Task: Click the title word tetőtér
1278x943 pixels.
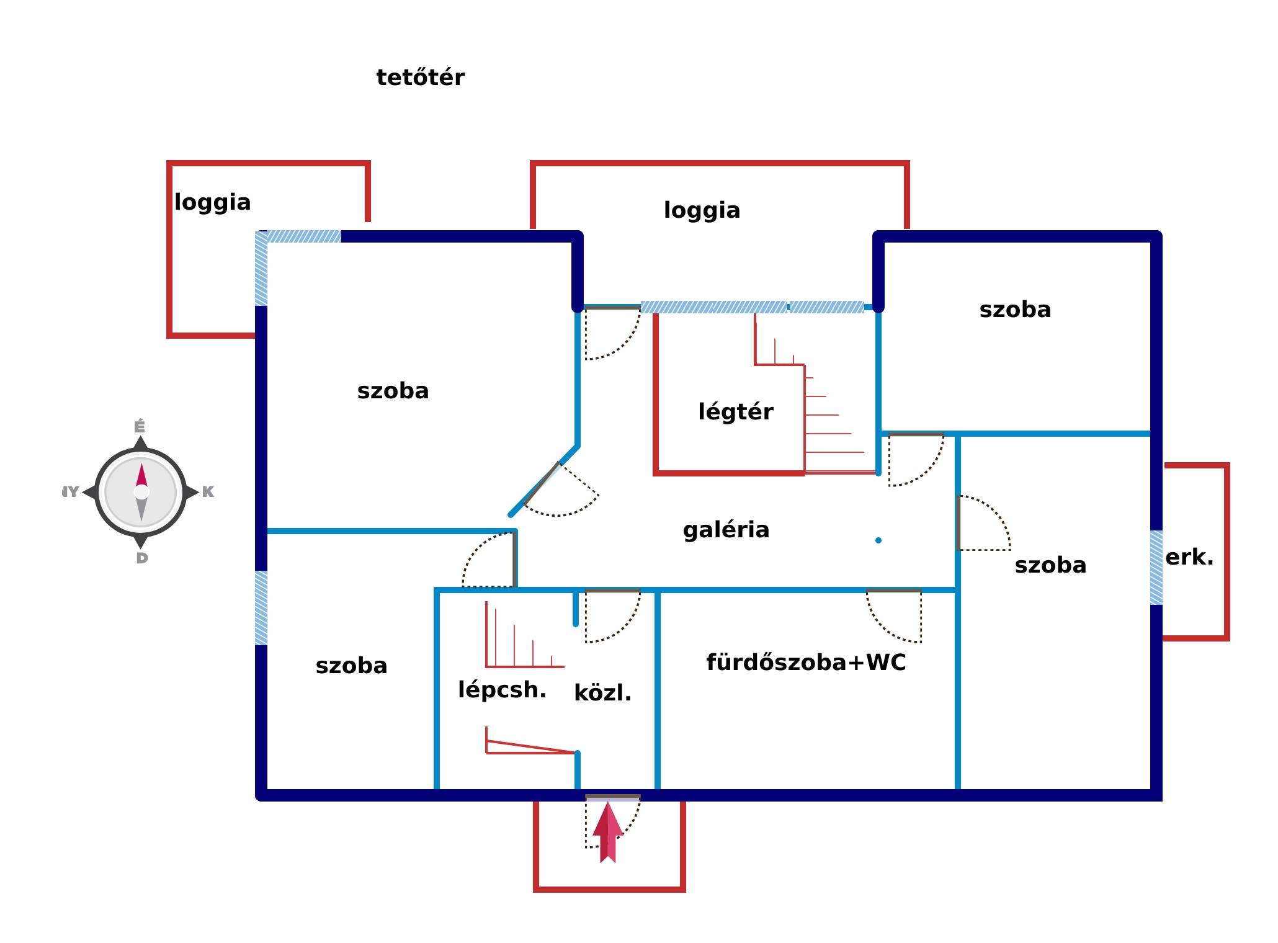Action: tap(420, 78)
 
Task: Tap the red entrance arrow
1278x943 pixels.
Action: tap(607, 832)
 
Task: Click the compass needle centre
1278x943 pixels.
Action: tap(141, 492)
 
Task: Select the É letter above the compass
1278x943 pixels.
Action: tap(140, 427)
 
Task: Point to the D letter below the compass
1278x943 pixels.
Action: tap(142, 558)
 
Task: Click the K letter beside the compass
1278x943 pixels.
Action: tap(208, 492)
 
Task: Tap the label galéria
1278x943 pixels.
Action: tap(726, 530)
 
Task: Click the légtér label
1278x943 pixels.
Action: tap(736, 413)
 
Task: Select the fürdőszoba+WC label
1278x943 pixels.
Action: tap(806, 663)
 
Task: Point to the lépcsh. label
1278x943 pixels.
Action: tap(502, 690)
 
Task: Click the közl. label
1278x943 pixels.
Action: tap(602, 692)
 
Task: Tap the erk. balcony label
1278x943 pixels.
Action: tap(1189, 557)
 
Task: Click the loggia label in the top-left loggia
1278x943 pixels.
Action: tap(212, 203)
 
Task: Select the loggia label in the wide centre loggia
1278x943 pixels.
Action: tap(702, 211)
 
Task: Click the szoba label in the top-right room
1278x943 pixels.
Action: tap(1015, 310)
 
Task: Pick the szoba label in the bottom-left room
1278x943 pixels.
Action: tap(351, 666)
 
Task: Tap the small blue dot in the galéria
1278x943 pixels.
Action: tap(878, 540)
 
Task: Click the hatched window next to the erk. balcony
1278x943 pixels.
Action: tap(1156, 568)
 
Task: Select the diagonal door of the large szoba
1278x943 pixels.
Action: tap(542, 483)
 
